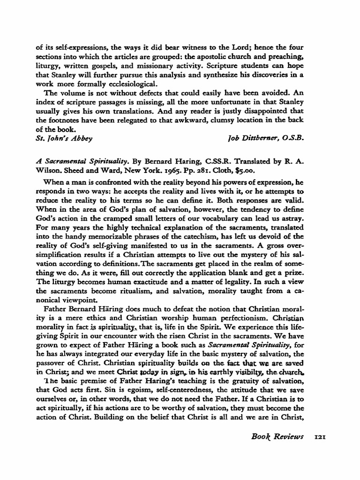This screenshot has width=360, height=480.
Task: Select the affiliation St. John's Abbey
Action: pos(64,138)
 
